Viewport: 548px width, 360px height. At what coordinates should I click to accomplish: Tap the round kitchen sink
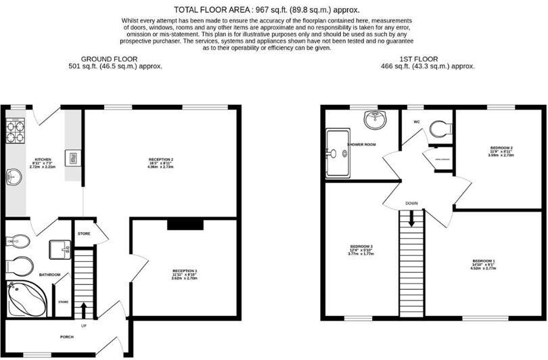(14, 177)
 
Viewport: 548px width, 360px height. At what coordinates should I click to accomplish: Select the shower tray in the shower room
(338, 154)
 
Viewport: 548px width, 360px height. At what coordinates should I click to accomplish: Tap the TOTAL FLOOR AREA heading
(267, 9)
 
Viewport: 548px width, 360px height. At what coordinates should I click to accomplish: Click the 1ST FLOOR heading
(428, 59)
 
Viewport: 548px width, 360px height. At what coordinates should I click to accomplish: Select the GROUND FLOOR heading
(115, 59)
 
